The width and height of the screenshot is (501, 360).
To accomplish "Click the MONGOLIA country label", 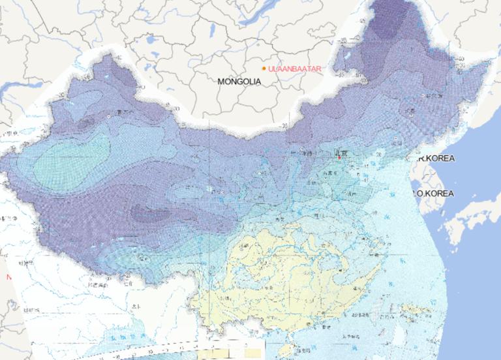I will pos(239,82).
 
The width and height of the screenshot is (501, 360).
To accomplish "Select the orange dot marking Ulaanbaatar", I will pos(264,68).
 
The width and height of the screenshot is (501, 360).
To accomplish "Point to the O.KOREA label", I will pos(434,194).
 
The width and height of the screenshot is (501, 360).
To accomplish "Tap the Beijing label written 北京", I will pos(341,153).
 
